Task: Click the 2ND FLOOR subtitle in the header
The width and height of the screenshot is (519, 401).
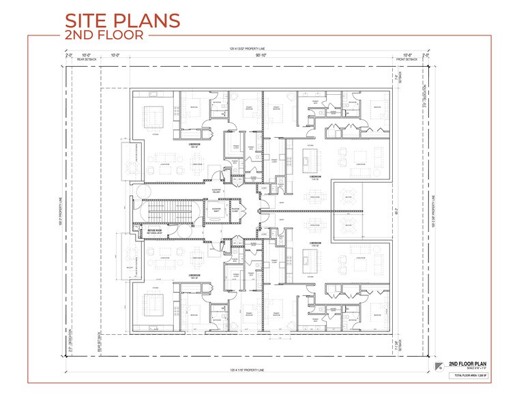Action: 104,35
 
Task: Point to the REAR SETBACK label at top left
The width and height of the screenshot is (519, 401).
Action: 87,60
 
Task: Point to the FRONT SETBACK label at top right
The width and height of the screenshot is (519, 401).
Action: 407,60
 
